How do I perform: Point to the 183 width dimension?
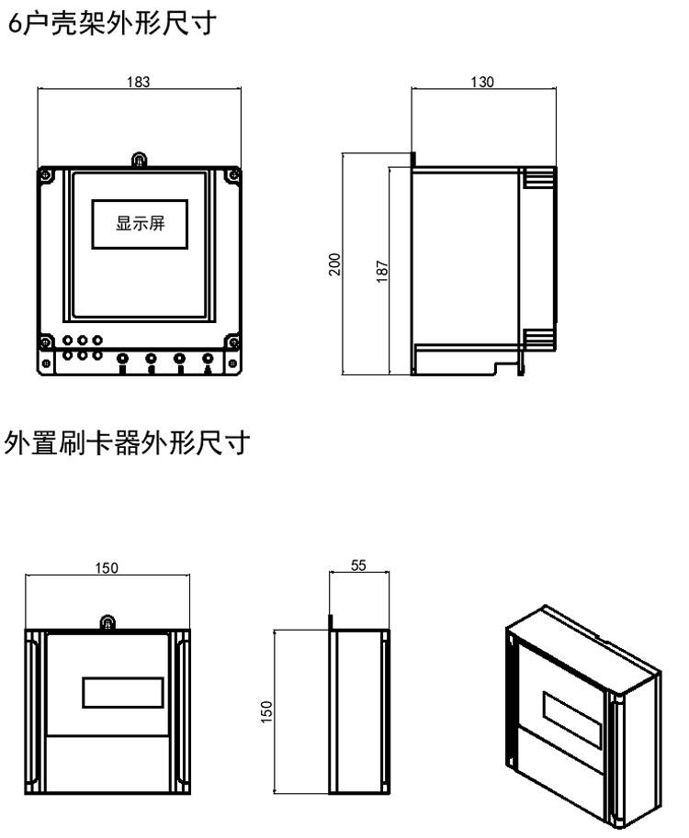point(139,81)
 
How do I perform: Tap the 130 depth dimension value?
point(481,82)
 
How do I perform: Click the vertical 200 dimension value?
point(335,263)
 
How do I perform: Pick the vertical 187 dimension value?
point(382,270)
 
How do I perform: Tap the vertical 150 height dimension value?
point(267,710)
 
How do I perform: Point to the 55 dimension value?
point(359,566)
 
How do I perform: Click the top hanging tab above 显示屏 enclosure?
point(138,161)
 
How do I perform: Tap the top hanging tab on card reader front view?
point(107,624)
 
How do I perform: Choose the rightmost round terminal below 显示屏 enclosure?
point(208,360)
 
